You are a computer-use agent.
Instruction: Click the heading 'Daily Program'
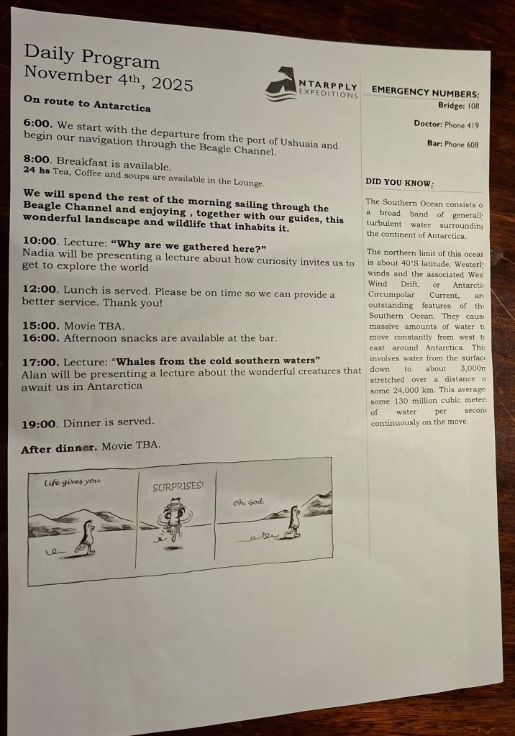click(x=91, y=56)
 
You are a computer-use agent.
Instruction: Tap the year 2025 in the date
click(x=172, y=84)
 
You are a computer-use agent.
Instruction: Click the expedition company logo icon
click(x=281, y=83)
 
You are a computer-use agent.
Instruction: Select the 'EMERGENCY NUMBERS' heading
click(x=425, y=91)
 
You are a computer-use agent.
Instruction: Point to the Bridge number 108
click(x=473, y=106)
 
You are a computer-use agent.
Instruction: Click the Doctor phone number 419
click(x=473, y=125)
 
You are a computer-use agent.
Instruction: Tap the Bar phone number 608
click(x=473, y=145)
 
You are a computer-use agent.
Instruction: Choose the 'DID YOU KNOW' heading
click(x=399, y=183)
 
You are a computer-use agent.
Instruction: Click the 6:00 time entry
click(x=38, y=124)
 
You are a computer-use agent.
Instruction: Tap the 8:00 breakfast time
click(x=37, y=160)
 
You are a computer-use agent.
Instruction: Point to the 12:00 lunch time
click(x=40, y=289)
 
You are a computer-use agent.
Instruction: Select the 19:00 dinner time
click(x=40, y=424)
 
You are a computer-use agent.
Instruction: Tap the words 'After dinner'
click(x=59, y=448)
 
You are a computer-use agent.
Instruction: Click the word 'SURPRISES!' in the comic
click(x=178, y=487)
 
